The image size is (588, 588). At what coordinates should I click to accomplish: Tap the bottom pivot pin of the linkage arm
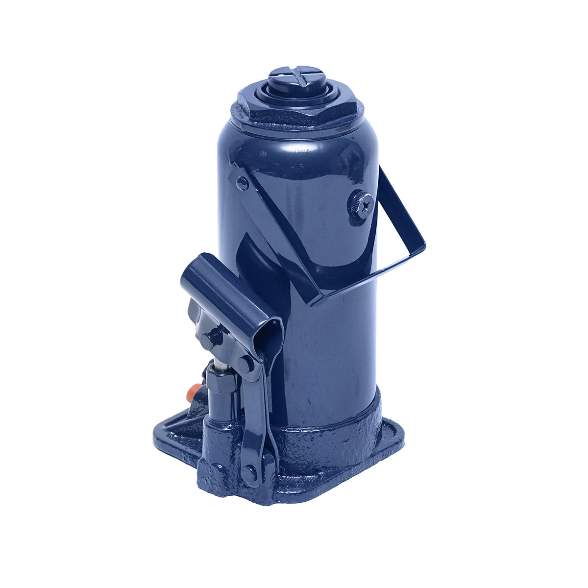[250, 473]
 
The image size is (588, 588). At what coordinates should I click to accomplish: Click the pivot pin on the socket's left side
[212, 338]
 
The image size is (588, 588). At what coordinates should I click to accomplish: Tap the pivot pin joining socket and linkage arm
[245, 363]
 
